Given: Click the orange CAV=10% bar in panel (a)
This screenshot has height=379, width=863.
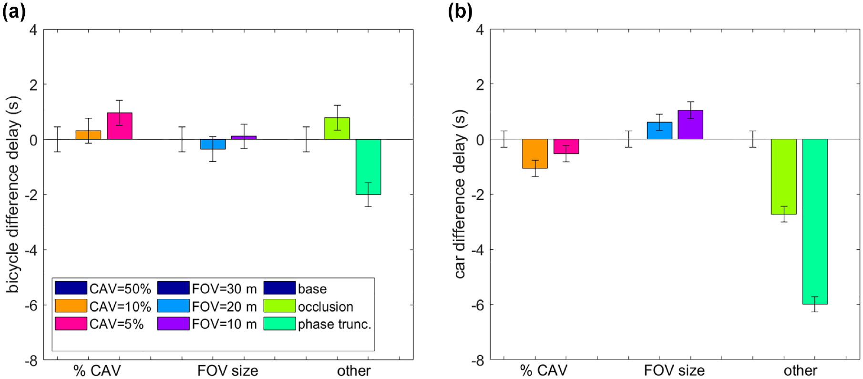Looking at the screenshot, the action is click(x=88, y=135).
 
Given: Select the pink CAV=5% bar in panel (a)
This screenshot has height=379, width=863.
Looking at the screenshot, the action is click(x=120, y=126).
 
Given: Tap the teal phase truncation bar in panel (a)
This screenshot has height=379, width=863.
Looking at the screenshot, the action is click(x=368, y=167).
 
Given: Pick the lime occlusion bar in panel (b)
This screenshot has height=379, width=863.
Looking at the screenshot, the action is click(x=784, y=177).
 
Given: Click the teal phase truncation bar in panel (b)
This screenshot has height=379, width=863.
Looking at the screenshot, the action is click(x=815, y=222).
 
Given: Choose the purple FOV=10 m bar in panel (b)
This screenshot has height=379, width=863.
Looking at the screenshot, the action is click(x=690, y=125).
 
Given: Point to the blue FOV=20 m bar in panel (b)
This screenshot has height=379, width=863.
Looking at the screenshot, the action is click(x=659, y=131).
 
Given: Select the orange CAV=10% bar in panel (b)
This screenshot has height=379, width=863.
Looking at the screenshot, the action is click(x=535, y=154).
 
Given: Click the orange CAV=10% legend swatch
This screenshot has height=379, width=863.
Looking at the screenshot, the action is click(x=71, y=306).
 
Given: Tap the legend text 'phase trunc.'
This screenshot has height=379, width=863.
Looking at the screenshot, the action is click(x=335, y=324).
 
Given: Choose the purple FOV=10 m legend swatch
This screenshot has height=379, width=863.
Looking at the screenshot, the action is click(x=173, y=324).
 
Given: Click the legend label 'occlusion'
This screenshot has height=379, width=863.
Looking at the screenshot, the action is click(x=326, y=307).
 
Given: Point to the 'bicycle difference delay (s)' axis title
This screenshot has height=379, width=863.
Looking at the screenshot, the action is click(x=13, y=195).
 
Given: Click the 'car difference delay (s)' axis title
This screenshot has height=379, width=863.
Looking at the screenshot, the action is click(x=460, y=195).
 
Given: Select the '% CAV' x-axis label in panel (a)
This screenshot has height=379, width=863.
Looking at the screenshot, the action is click(x=97, y=371).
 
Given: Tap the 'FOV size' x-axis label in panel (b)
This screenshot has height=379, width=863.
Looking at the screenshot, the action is click(x=674, y=370).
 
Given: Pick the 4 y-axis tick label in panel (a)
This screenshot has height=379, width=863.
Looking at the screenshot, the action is click(x=33, y=30).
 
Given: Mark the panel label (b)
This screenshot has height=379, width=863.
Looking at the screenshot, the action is click(x=460, y=11).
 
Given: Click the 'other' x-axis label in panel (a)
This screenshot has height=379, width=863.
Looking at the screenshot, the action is click(x=354, y=371).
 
